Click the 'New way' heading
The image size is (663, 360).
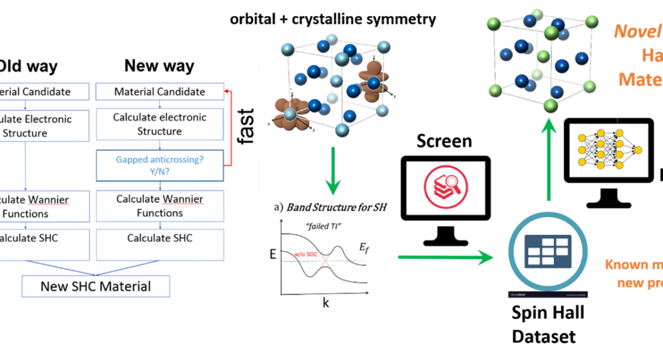[159, 66]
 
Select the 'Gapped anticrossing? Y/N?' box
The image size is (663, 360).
[160, 166]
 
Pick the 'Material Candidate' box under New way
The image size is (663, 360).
[160, 92]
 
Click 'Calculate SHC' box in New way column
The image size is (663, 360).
[160, 238]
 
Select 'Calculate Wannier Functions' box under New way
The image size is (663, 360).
[160, 206]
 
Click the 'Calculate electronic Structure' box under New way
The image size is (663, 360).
[160, 124]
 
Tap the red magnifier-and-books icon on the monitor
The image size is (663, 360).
[445, 186]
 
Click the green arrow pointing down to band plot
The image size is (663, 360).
[333, 169]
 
